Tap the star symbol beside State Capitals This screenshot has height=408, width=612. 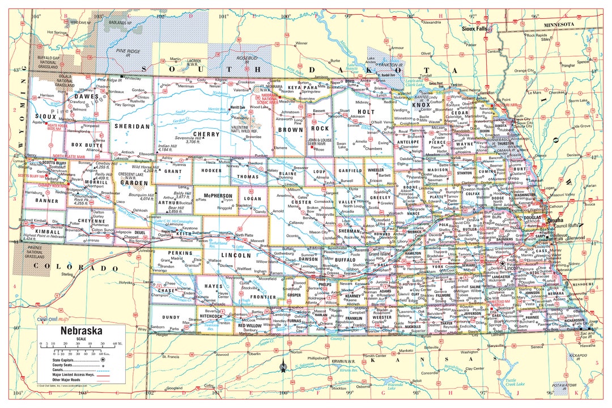(x=103, y=359)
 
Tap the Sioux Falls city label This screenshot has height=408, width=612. (x=474, y=28)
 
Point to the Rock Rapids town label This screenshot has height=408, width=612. (x=536, y=35)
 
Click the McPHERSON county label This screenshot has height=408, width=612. (x=214, y=195)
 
